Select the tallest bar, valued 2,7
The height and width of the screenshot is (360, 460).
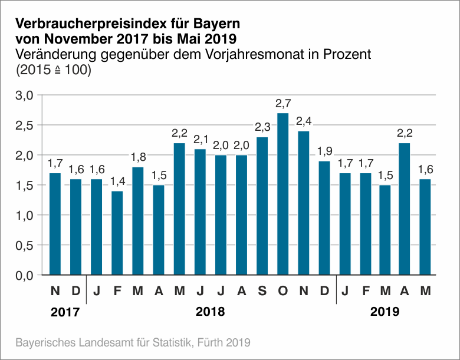282,194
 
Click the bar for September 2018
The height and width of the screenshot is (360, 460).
262,206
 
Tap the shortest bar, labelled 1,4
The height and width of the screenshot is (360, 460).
117,233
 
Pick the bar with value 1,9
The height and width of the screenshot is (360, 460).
324,218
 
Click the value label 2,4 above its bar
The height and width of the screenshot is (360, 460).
303,122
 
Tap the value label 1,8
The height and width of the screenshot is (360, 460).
137,158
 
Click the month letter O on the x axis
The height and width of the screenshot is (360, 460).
282,291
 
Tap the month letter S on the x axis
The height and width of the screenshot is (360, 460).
262,291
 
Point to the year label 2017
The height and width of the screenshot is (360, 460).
65,312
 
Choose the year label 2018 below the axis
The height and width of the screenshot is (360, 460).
211,312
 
